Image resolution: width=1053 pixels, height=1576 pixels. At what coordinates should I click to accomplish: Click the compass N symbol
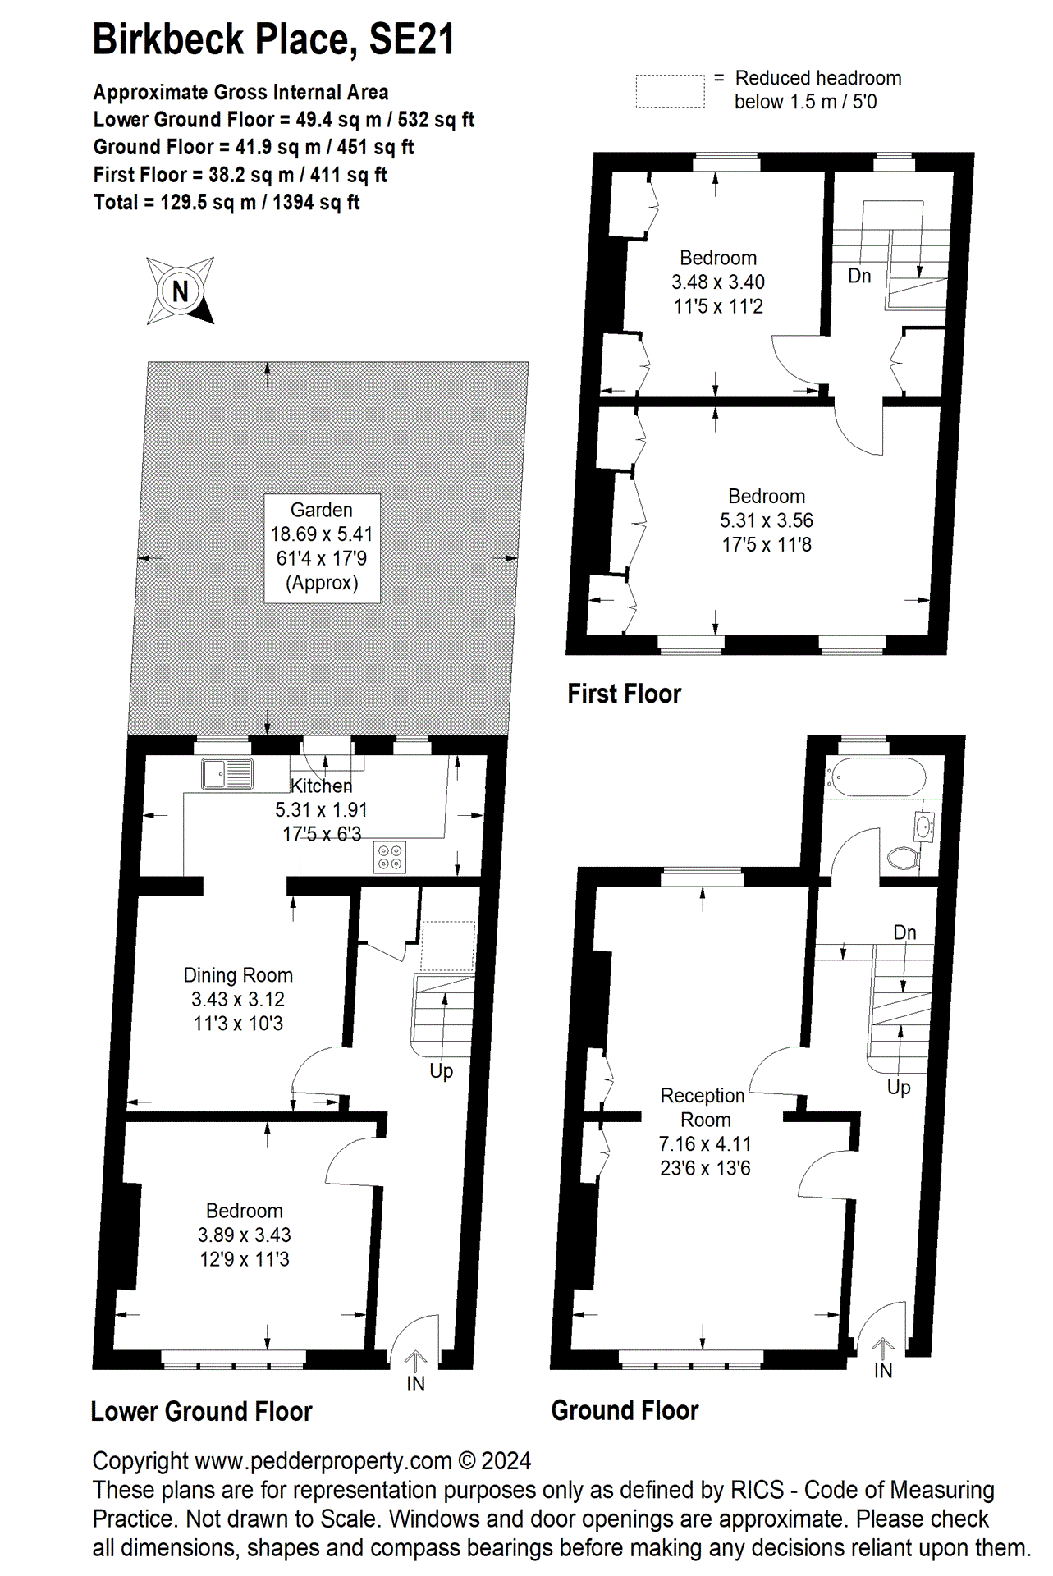(181, 291)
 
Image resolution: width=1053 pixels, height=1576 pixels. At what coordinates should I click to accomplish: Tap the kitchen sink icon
(227, 773)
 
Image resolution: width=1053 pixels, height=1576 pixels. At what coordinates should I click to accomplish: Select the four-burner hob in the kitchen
(390, 857)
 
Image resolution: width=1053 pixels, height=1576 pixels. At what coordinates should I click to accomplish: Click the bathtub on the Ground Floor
(876, 777)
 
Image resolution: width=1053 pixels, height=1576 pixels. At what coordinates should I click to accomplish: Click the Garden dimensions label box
(322, 547)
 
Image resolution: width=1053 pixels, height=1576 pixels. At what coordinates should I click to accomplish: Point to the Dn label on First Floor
(859, 276)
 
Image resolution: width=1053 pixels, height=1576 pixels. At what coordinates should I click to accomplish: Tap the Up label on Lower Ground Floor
(441, 1070)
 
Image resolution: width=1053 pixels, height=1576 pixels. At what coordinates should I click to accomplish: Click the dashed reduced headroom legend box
(670, 91)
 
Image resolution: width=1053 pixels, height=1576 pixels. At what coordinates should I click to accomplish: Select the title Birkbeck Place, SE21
(273, 39)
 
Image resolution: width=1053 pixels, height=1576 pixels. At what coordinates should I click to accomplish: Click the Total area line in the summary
(227, 203)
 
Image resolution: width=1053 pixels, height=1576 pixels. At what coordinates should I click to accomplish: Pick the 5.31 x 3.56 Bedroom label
(766, 520)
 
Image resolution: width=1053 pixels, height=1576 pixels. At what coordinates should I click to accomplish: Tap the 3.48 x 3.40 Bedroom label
(718, 282)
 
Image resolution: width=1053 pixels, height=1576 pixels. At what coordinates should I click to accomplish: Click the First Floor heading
(624, 694)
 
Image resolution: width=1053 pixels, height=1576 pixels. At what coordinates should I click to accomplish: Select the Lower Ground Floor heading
(201, 1411)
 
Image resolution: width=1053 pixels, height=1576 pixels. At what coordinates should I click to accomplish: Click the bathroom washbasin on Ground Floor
(924, 827)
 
